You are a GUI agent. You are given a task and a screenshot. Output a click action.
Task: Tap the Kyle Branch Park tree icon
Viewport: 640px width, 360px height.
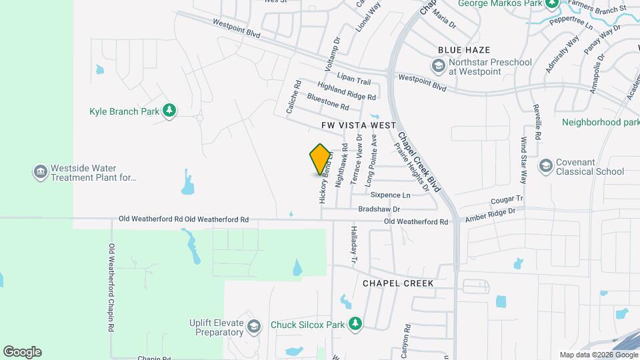[169, 111]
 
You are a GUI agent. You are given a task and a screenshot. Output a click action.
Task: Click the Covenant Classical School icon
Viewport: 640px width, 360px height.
[545, 165]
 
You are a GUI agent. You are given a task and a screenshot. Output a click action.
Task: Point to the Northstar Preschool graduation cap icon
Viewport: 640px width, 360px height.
[438, 65]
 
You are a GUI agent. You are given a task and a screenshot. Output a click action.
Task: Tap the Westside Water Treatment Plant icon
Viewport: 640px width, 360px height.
[41, 173]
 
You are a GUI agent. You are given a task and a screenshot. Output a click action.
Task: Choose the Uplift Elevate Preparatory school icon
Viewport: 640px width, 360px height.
[253, 326]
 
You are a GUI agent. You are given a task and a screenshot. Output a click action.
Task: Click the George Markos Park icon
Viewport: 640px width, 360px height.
[551, 3]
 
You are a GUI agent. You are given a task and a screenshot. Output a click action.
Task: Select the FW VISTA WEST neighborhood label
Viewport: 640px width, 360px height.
[359, 125]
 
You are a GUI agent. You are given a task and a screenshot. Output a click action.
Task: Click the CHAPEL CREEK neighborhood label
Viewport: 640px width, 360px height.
[398, 283]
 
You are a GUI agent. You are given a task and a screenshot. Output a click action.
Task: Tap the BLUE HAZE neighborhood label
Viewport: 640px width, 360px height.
[464, 50]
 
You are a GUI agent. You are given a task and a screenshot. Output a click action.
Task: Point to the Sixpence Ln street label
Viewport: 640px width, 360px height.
[390, 195]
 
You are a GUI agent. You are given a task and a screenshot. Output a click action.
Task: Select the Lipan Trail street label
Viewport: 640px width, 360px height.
[353, 81]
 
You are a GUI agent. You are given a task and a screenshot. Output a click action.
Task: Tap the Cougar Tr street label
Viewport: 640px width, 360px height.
[507, 199]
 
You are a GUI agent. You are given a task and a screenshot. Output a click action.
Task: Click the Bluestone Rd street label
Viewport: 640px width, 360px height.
[328, 102]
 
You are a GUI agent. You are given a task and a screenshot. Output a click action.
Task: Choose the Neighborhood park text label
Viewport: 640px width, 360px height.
[600, 122]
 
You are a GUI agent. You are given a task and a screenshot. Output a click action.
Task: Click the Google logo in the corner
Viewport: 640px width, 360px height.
[22, 352]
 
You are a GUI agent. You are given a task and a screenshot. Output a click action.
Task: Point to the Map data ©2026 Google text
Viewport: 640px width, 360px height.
[599, 355]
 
